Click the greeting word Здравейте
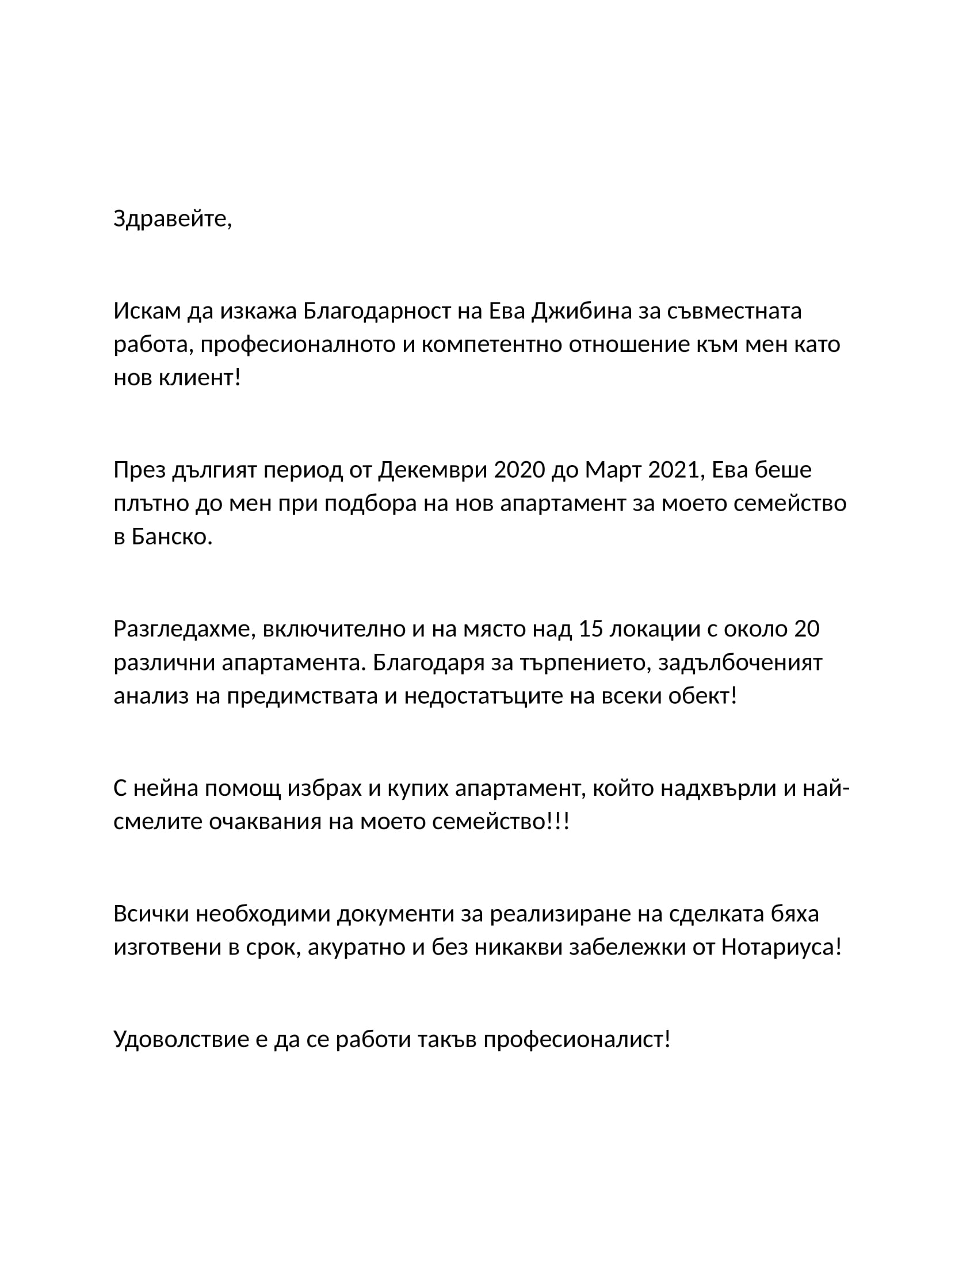[x=171, y=219]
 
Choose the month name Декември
[x=433, y=470]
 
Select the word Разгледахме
[x=184, y=628]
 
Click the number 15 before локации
[x=591, y=628]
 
